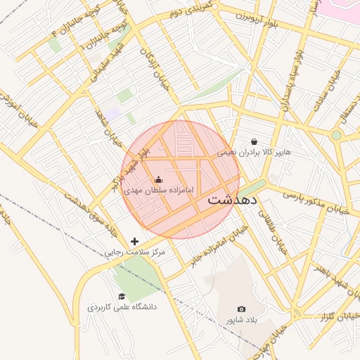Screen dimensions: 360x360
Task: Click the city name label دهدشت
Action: coord(233,200)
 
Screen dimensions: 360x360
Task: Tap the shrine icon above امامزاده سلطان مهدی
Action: coord(157,179)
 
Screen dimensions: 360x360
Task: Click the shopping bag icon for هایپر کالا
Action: coord(254,141)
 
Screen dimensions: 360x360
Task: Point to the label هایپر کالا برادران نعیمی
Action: coord(254,152)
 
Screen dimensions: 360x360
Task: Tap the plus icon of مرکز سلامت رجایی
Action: coord(134,241)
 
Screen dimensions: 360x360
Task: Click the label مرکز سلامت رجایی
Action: coord(134,252)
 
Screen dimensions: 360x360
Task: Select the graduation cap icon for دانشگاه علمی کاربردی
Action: coord(122,296)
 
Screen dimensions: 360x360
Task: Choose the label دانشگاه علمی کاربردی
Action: coord(122,307)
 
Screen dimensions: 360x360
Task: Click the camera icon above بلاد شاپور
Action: coord(242,309)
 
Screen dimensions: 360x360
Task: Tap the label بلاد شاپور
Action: coord(242,320)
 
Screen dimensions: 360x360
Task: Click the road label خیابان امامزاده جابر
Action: coord(219,246)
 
